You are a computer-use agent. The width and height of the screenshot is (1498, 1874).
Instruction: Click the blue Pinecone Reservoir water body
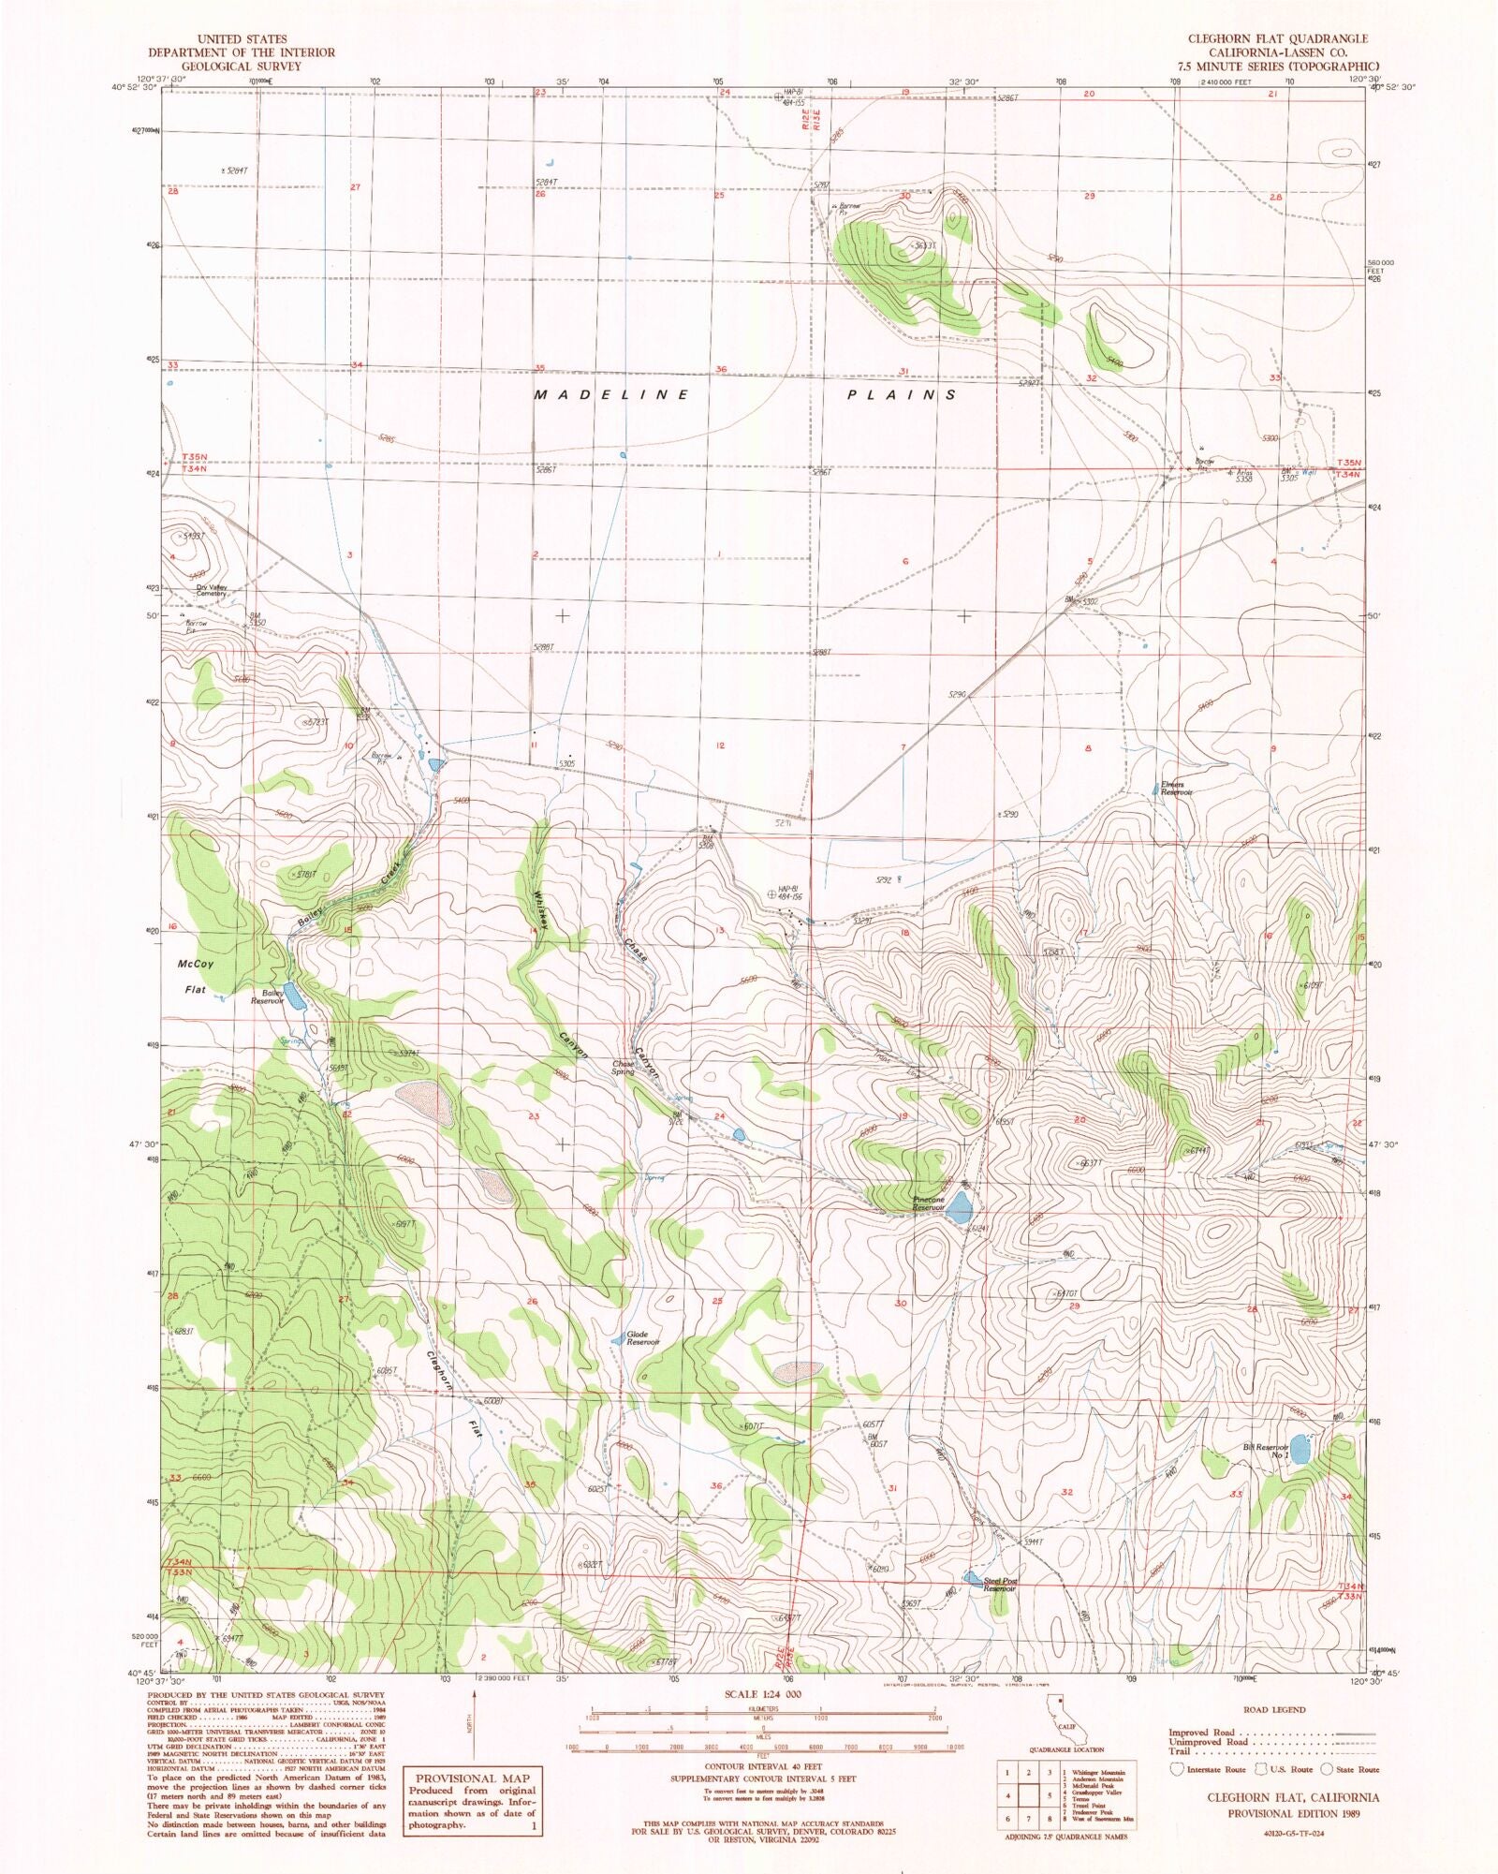(958, 1213)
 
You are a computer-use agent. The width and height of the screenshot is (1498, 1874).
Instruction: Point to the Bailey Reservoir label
(267, 997)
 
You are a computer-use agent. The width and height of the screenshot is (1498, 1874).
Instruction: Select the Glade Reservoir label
(643, 1337)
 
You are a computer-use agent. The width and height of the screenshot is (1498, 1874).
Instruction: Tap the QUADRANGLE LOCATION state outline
(1056, 1724)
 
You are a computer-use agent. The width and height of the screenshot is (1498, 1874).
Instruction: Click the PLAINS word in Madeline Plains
(902, 395)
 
